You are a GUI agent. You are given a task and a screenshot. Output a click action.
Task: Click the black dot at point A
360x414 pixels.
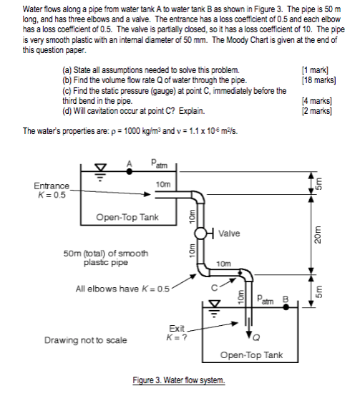[x=129, y=171]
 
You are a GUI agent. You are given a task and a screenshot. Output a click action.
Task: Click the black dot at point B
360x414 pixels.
[x=286, y=307]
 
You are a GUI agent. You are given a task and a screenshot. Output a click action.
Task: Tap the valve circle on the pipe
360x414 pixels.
[x=200, y=234]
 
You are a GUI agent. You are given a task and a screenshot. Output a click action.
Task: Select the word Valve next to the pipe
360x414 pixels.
[x=229, y=234]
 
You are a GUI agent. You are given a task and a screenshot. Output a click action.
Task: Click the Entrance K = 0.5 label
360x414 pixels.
[x=52, y=191]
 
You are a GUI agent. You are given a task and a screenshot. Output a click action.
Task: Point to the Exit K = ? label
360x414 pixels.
[x=177, y=332]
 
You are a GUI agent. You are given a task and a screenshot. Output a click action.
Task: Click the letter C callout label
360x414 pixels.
[x=215, y=288]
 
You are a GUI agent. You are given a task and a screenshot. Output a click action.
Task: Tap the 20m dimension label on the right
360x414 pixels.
[x=318, y=235]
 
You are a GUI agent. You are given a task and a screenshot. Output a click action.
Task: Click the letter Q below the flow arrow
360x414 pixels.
[x=256, y=337]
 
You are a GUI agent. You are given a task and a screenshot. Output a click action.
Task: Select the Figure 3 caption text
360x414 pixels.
[x=179, y=380]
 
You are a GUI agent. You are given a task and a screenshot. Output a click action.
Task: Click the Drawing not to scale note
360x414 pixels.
[x=85, y=340]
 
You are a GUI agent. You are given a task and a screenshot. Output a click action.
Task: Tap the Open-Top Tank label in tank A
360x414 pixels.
[x=127, y=217]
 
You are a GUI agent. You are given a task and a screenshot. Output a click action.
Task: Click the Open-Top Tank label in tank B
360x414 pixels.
[x=251, y=355]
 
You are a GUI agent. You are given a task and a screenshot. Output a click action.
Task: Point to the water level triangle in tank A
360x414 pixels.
[x=100, y=168]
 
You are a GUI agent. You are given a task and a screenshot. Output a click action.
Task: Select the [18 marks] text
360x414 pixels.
[x=319, y=80]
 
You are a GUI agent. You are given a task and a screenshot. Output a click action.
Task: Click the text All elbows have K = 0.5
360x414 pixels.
[x=122, y=289]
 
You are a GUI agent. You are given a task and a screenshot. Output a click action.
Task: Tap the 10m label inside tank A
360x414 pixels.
[x=163, y=184]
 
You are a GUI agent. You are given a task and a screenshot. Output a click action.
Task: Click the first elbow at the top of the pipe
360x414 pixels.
[x=198, y=196]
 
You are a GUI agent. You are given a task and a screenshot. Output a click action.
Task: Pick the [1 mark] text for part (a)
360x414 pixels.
[x=315, y=70]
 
